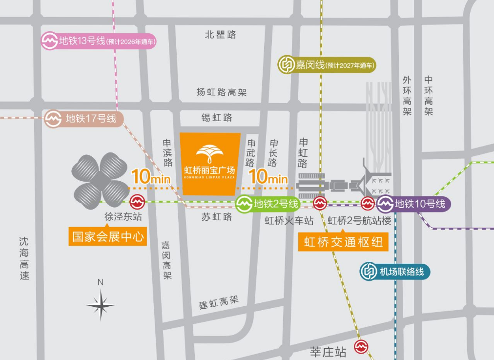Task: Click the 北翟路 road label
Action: pos(220,35)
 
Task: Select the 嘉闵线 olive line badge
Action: pos(327,65)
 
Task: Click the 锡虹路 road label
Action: pos(217,118)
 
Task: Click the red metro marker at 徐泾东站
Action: pos(137,201)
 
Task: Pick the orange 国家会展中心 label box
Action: pos(108,237)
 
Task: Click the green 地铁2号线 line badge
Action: pos(268,204)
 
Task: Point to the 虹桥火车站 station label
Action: pos(289,221)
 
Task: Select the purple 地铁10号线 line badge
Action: pos(413,204)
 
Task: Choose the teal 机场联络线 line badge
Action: pos(395,272)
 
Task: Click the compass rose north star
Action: pos(101,305)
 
